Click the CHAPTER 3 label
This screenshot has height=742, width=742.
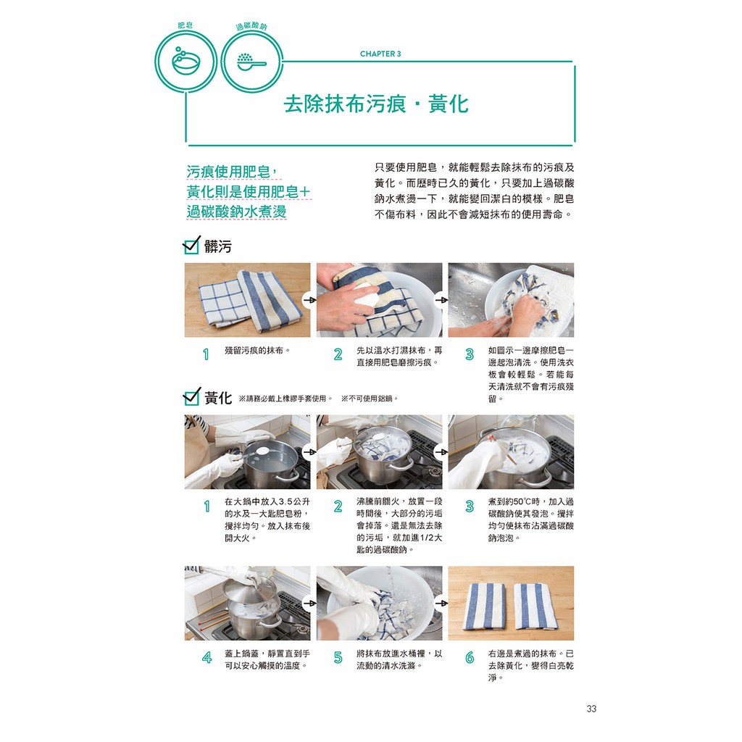[380, 54]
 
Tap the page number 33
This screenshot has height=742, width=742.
[591, 709]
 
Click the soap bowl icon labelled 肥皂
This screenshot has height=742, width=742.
[186, 62]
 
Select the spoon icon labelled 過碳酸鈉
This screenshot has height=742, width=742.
[251, 62]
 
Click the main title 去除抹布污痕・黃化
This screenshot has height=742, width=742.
[376, 104]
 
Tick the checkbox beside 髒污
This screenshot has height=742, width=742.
[191, 245]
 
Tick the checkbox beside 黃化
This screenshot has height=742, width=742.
[191, 396]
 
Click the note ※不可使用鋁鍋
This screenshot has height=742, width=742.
[369, 399]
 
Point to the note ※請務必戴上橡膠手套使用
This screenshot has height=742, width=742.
[285, 399]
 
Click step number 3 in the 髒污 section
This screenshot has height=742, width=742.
[470, 354]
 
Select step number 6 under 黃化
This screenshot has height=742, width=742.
[470, 657]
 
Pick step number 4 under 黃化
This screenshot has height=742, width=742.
[207, 657]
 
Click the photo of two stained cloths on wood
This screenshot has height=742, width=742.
[248, 300]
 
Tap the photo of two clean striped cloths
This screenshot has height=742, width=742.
[511, 604]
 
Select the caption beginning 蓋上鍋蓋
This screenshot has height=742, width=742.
[267, 659]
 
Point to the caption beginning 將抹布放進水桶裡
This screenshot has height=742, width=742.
[399, 659]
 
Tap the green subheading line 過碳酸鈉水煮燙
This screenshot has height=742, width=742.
[237, 212]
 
